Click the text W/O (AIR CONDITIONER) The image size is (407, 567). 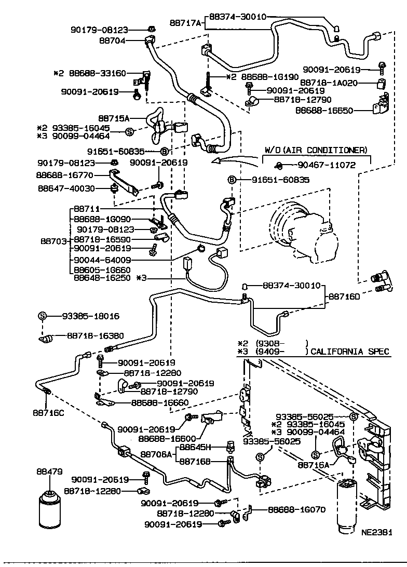[x=316, y=150]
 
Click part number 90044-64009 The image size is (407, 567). [x=102, y=260]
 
